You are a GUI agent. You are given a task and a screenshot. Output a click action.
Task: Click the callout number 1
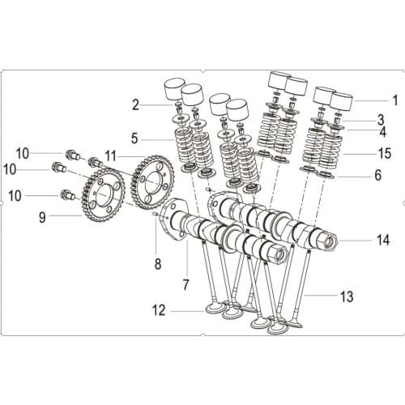[395, 101]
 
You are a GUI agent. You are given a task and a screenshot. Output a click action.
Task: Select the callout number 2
[135, 104]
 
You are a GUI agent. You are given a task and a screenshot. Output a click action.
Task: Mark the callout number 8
[158, 263]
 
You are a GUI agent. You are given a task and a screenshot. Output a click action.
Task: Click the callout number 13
[347, 297]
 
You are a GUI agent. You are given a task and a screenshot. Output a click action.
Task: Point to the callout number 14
[383, 241]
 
